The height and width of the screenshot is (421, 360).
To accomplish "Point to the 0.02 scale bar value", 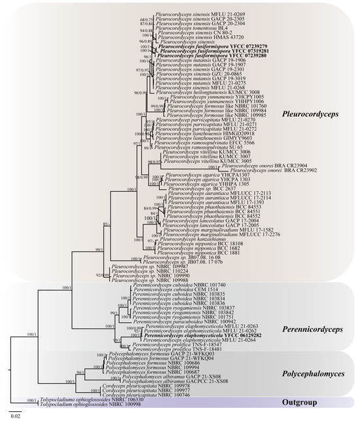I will [x=14, y=414].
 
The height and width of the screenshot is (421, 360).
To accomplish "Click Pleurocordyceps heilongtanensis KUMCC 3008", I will [x=192, y=92].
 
